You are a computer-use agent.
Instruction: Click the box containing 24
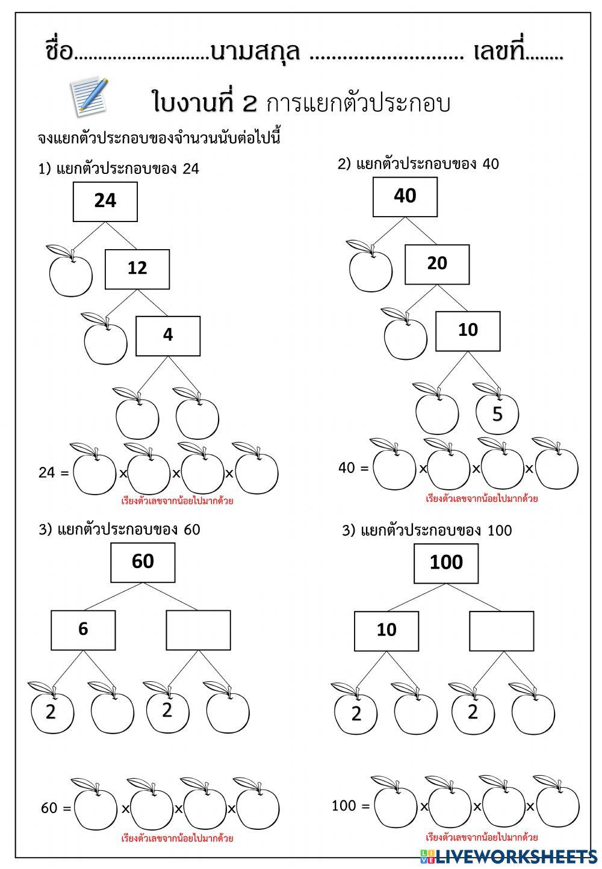point(105,202)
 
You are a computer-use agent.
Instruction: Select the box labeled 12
point(137,269)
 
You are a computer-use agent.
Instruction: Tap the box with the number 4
point(168,336)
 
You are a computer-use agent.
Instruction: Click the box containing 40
point(405,197)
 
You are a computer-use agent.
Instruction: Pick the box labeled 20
point(437,264)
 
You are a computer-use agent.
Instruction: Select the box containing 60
point(143,563)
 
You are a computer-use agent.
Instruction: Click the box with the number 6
point(83,630)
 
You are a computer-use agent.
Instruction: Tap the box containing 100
point(446,563)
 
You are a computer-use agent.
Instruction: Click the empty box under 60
point(198,630)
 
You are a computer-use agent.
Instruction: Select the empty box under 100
point(501,631)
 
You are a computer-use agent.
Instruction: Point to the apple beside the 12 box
point(70,271)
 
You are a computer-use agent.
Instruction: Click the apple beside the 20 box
point(370,266)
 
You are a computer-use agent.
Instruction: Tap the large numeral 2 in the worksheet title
point(250,104)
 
